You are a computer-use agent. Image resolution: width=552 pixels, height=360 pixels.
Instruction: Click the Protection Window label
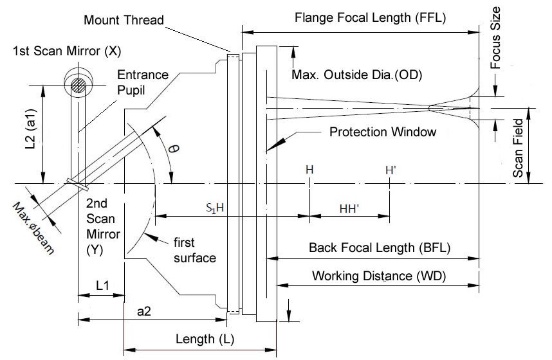pos(383,132)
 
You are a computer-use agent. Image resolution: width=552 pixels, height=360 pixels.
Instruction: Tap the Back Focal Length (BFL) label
pos(379,247)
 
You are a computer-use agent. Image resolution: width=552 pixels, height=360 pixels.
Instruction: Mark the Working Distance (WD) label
pos(380,276)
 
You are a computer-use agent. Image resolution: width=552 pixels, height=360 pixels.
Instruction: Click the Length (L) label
pos(200,338)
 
